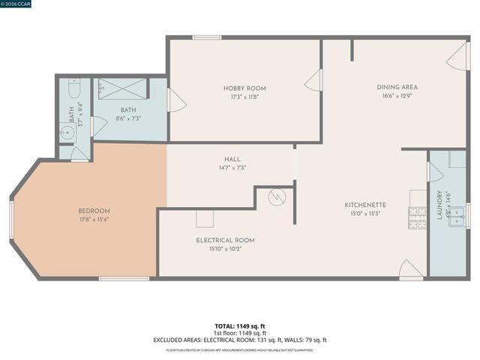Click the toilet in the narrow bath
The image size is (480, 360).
73,91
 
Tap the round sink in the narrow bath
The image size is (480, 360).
65,134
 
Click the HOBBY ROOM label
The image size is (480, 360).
244,88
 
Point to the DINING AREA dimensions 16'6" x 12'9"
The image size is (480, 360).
397,95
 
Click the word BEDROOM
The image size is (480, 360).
94,211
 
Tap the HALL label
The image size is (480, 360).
232,159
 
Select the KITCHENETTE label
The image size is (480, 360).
365,205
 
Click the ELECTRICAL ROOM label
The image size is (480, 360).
225,240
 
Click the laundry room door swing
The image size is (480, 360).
435,172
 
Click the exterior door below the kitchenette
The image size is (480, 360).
410,270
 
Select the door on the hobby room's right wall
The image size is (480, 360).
313,80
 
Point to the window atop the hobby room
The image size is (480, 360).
207,37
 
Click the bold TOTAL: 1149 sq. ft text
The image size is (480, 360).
239,326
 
